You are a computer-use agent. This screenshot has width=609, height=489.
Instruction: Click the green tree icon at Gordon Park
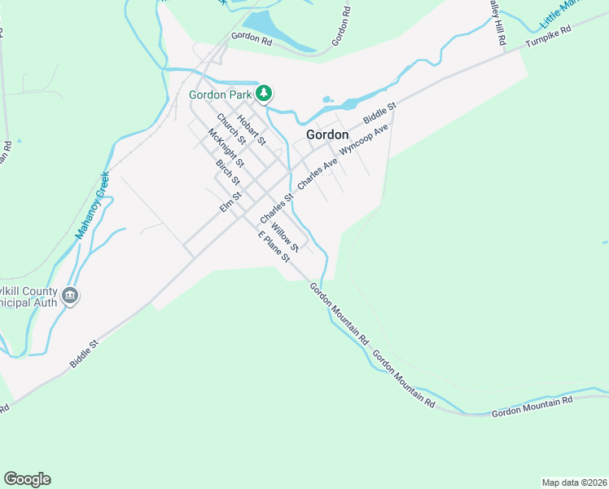click(264, 94)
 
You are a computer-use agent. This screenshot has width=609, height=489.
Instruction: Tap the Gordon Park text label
click(220, 95)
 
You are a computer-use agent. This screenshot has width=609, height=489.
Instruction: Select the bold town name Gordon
click(327, 134)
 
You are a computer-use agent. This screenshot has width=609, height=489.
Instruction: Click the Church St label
click(231, 130)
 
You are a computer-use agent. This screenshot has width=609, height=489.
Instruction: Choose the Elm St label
click(231, 201)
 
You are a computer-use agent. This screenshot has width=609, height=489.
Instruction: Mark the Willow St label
click(286, 236)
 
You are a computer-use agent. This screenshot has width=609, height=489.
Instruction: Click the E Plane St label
click(274, 248)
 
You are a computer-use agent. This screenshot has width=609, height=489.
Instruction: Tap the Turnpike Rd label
click(549, 37)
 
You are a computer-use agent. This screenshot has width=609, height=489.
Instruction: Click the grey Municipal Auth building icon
click(70, 296)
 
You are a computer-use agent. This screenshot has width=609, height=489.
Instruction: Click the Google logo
click(27, 479)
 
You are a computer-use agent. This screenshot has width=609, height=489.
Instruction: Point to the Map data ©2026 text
click(573, 482)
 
